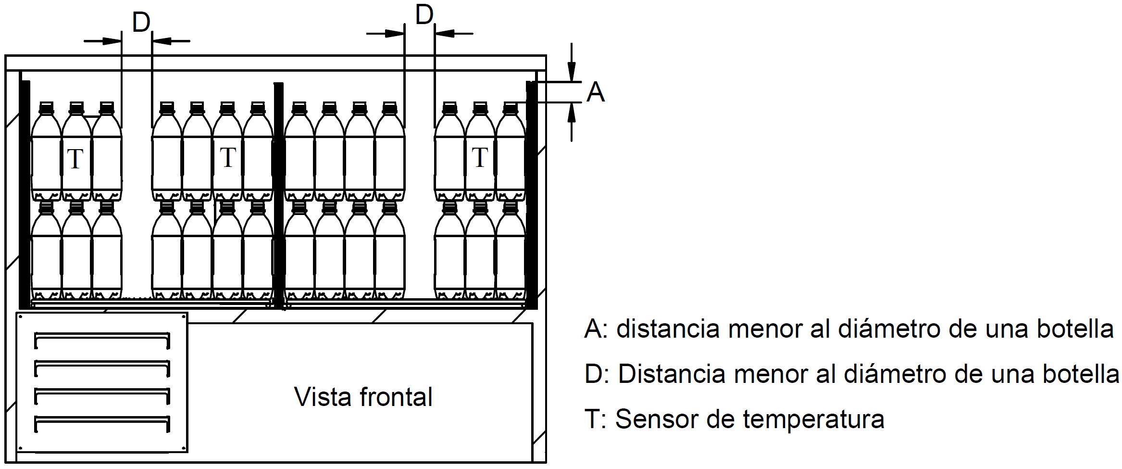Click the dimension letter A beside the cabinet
point(596,92)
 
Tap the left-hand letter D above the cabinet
point(141,23)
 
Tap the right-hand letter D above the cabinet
point(424,15)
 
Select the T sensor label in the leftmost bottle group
point(75,159)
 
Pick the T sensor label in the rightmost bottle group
point(480,157)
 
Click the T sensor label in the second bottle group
point(228,157)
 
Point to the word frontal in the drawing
point(396,397)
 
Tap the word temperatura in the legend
point(813,418)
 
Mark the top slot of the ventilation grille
point(102,340)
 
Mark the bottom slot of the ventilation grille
point(102,423)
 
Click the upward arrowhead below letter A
point(571,112)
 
